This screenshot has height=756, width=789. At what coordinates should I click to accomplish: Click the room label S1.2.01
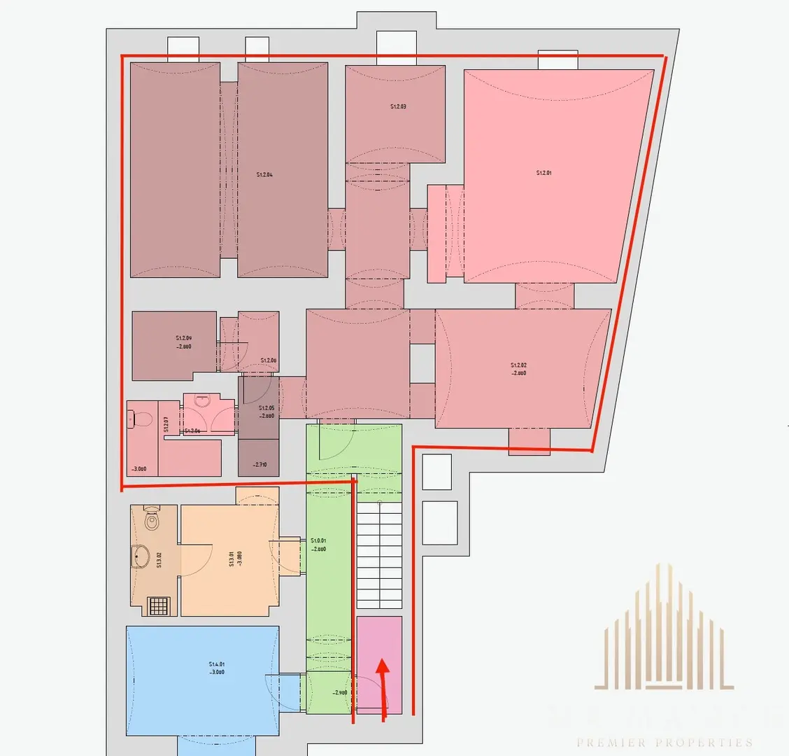coord(543,172)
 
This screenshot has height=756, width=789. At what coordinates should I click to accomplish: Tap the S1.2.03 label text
coord(398,107)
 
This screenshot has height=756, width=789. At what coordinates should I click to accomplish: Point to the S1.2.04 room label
coord(264,174)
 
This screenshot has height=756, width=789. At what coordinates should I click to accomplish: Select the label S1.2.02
coord(518,365)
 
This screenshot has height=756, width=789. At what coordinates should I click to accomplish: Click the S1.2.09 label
coord(184,338)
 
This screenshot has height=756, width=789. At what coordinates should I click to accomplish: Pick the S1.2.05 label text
coord(266,407)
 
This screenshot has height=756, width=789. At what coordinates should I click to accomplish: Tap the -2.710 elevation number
coord(260,464)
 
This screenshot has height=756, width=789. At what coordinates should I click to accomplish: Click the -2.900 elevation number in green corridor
coord(339,692)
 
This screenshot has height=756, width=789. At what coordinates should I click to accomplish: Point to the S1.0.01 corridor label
coord(318,540)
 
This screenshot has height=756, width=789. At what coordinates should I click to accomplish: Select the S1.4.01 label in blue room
coord(217,664)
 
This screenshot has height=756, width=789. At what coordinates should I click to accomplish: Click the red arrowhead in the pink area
coord(382,666)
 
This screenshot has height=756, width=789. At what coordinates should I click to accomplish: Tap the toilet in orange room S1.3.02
coord(152,519)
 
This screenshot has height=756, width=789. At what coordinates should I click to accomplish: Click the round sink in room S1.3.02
coord(141,557)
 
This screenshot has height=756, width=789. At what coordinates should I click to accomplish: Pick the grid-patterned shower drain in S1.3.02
coord(159,605)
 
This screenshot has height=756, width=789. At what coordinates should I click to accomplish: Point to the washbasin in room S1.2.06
coord(203,402)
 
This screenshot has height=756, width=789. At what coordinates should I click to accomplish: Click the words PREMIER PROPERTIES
coord(664,743)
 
